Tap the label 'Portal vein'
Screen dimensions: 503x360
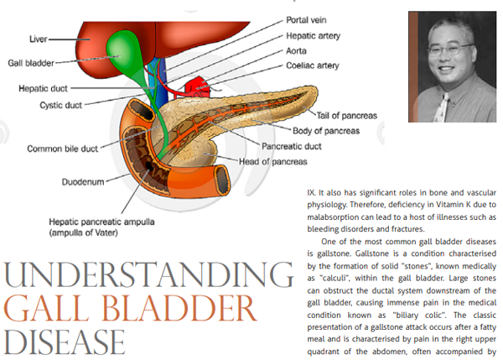point(306,20)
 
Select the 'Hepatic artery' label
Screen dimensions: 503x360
point(313,35)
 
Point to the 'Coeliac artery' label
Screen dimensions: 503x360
point(313,65)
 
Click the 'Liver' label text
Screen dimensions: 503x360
point(39,39)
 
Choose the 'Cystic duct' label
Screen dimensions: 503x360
point(60,106)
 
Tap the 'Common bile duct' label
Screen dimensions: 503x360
point(62,149)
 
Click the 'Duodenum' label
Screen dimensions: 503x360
point(83,182)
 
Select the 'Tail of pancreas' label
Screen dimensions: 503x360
point(347,116)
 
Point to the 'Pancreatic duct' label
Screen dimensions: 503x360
point(291,147)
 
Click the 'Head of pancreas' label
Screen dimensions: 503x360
point(272,161)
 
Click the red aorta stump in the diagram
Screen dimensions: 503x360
point(197,86)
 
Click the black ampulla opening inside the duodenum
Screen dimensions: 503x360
point(149,166)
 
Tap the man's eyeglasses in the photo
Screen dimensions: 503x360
point(451,50)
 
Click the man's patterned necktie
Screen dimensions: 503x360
point(441,108)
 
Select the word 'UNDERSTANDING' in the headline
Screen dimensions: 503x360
point(148,274)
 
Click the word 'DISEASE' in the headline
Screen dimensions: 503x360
point(65,342)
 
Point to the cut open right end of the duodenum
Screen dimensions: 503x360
point(222,180)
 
